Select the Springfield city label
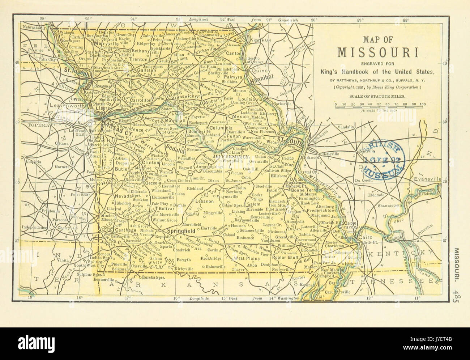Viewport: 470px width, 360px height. point(180,230)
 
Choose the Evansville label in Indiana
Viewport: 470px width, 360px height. point(428,179)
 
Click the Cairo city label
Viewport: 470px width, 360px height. point(362,237)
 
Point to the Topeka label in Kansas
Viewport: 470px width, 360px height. point(35,125)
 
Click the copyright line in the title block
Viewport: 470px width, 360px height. point(379,88)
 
